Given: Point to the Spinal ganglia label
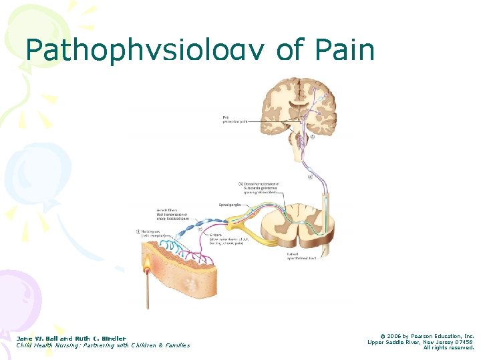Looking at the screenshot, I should tap(229, 205).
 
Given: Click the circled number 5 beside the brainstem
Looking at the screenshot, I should tap(311, 137).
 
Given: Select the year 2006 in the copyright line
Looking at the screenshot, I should tap(391, 336).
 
